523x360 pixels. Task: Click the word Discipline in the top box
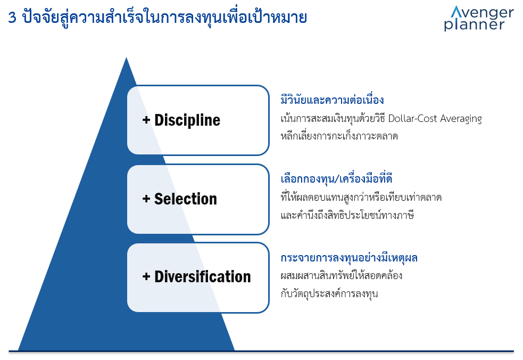click(187, 120)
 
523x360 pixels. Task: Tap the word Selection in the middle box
click(186, 199)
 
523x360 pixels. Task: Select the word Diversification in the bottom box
click(203, 277)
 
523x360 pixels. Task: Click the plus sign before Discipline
click(146, 120)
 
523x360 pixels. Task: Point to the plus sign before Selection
click(146, 199)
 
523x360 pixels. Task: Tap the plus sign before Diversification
click(146, 276)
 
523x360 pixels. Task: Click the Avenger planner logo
click(479, 19)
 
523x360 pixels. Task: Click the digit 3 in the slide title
click(12, 18)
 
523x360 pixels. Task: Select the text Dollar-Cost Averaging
click(435, 119)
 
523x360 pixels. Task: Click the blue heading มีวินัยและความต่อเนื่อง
click(332, 100)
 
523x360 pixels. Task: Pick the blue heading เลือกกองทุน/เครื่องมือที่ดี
click(336, 178)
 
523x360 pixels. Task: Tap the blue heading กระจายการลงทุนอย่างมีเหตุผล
click(349, 258)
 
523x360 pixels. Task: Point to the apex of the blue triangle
click(126, 58)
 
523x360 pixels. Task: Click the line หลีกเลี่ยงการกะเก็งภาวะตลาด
click(339, 136)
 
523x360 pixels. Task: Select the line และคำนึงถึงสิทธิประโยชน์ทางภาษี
click(347, 215)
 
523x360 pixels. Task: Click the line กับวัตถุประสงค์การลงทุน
click(329, 294)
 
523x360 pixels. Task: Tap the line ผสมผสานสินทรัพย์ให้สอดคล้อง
click(341, 276)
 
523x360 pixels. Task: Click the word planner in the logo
click(474, 24)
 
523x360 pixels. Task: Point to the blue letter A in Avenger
click(456, 12)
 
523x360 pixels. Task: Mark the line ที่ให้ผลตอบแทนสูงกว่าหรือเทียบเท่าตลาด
click(361, 197)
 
